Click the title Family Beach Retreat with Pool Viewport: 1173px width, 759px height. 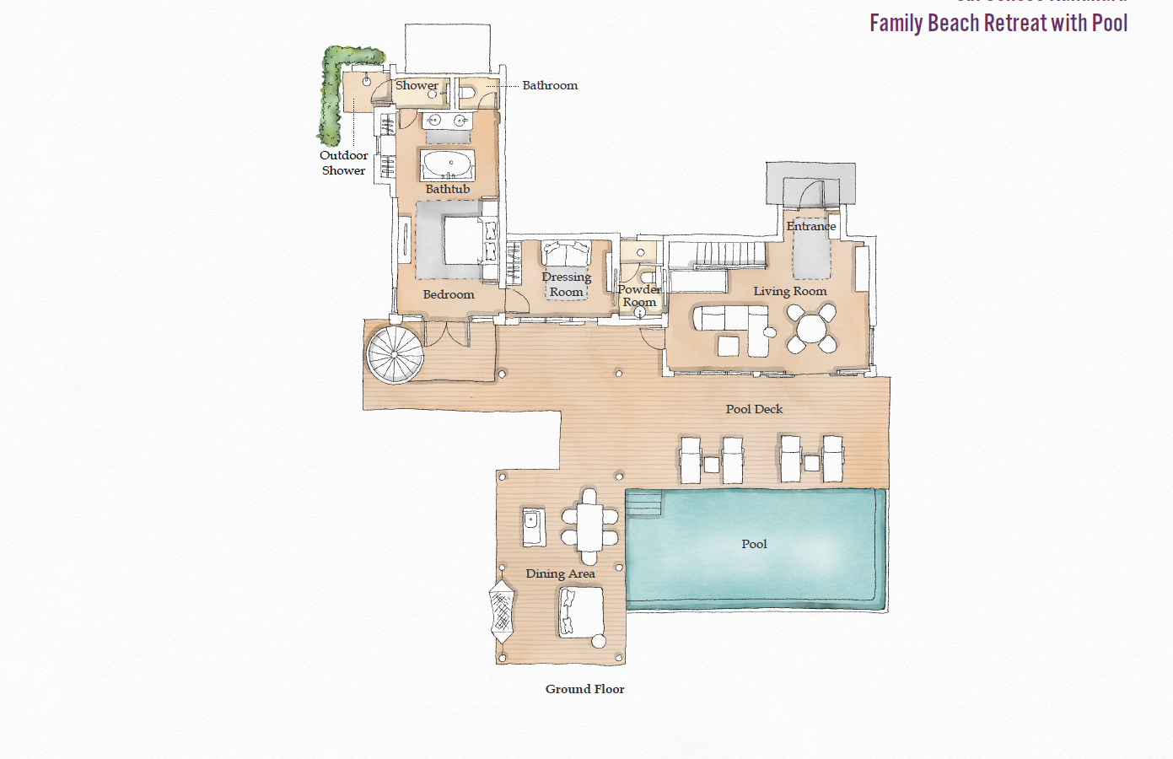[998, 23]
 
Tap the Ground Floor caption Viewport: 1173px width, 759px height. [584, 689]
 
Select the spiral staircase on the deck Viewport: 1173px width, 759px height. [395, 354]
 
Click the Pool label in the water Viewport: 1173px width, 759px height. [754, 544]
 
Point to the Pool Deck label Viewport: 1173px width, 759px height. [754, 409]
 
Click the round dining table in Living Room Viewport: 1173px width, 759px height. [811, 328]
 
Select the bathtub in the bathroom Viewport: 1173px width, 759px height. [449, 164]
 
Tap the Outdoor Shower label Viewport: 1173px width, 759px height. [343, 163]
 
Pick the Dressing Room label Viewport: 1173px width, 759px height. [566, 284]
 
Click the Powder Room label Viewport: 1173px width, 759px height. [639, 295]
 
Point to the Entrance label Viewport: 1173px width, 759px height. [810, 226]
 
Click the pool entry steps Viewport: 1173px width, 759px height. [644, 503]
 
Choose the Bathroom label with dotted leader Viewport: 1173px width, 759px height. [550, 85]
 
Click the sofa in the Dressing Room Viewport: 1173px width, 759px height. [566, 254]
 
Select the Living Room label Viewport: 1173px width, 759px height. [789, 291]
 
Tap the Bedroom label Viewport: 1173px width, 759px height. [449, 294]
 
